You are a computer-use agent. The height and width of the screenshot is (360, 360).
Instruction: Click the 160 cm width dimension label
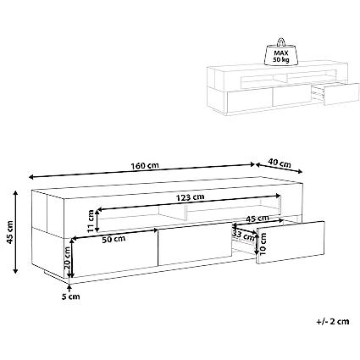pos(145,166)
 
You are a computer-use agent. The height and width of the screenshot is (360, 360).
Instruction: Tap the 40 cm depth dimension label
pos(280,163)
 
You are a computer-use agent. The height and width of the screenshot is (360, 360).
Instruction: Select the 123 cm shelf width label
pos(190,197)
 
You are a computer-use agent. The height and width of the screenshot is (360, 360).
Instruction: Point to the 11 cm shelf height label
pos(91,221)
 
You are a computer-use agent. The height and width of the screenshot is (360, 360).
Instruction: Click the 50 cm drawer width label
pos(114,240)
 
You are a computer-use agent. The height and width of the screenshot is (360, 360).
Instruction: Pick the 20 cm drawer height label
pos(67,258)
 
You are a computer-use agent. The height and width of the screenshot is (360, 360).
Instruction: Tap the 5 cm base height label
pos(70,296)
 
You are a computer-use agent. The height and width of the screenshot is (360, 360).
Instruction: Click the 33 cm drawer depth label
pos(243,235)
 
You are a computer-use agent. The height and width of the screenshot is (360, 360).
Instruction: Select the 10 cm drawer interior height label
pos(263,244)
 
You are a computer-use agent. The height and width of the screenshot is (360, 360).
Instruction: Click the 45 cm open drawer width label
pos(258,219)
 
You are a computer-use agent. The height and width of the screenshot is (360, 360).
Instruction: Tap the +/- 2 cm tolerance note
pos(333,321)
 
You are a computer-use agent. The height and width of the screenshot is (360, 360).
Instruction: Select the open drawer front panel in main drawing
pos(291,242)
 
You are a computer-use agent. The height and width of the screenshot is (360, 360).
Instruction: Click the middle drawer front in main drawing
pos(195,244)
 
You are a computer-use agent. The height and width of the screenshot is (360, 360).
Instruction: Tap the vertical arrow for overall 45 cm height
pos(16,232)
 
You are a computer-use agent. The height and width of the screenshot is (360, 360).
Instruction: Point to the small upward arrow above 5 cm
pos(69,288)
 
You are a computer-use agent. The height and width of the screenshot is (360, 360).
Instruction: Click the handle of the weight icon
pos(281,42)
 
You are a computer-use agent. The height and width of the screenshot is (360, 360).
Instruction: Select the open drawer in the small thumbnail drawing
pos(336,93)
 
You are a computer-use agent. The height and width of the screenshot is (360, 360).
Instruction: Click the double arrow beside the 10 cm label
pos(257,243)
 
